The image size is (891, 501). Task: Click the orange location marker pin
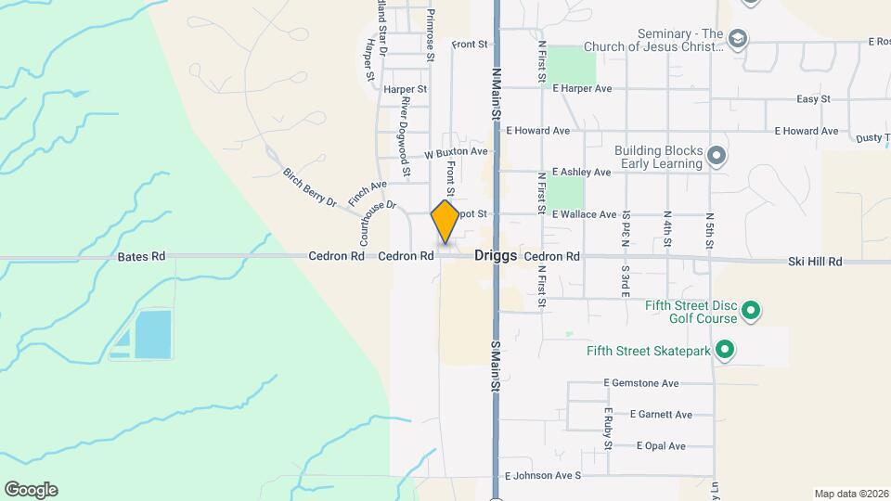coord(445,221)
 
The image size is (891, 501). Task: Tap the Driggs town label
coord(495,255)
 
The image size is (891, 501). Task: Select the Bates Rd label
coord(141,256)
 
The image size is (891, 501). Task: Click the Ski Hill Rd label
coord(814,263)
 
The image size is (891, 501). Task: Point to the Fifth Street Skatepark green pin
coord(726,351)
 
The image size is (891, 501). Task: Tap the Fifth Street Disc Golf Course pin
coord(753,311)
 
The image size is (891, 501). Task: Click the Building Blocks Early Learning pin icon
coord(716,156)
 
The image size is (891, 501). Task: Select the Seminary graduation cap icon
coord(738,39)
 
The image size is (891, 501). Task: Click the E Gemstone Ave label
coord(641,382)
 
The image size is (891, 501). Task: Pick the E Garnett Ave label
coord(660,414)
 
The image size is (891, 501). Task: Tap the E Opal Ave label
coord(661,446)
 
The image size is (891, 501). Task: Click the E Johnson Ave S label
coord(542,476)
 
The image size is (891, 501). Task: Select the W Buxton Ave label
coord(456,152)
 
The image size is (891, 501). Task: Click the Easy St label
coord(813,99)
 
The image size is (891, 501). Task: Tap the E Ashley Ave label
coord(581,173)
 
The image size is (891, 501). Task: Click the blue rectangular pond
coord(152,334)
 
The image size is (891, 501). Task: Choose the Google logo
coord(31,490)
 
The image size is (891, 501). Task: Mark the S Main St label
coord(497,365)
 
